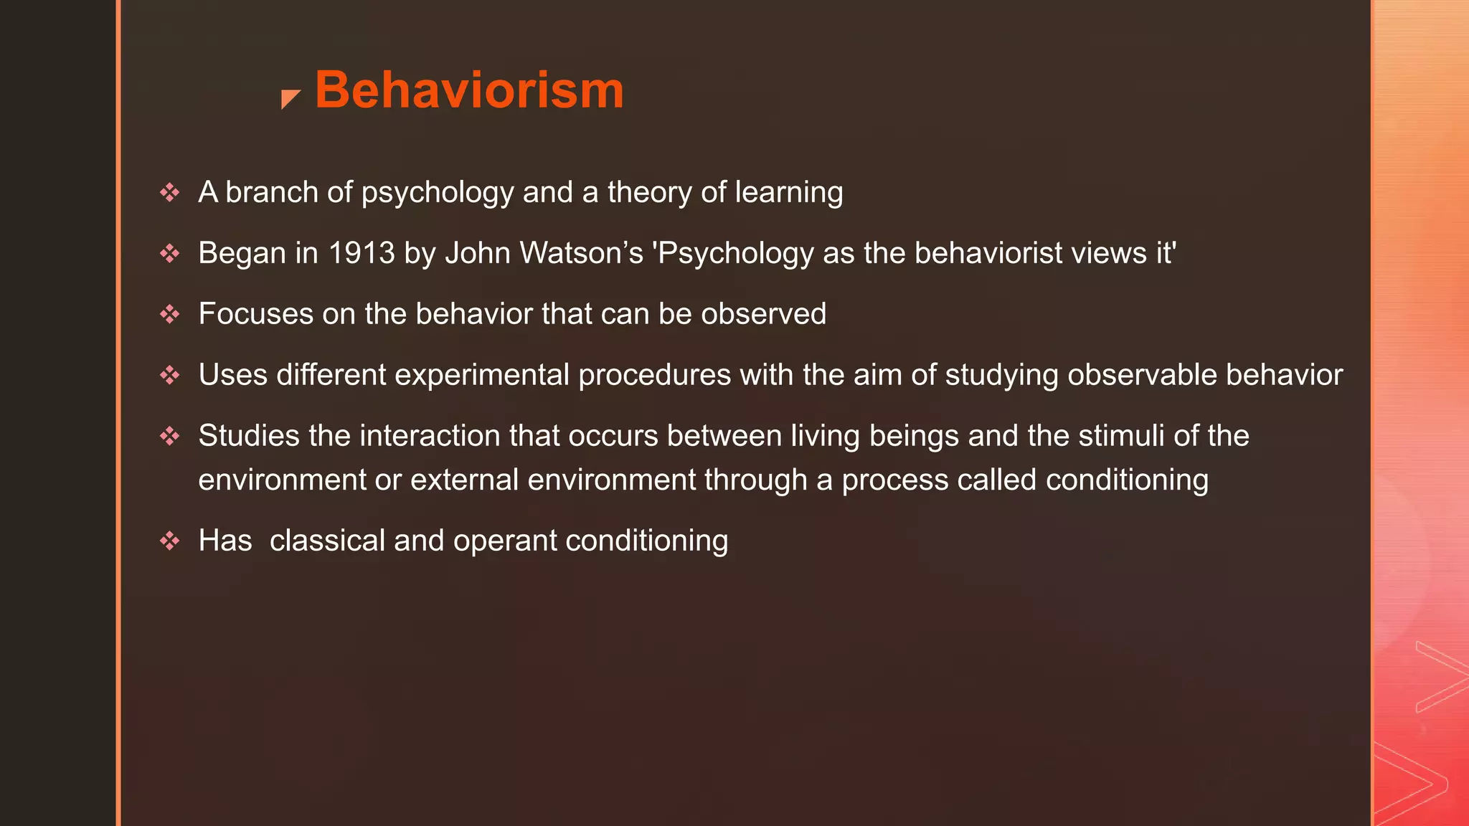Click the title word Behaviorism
(x=469, y=90)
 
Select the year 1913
(x=362, y=253)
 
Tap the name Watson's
(x=581, y=253)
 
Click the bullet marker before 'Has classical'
(x=170, y=541)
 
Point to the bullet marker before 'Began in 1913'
(x=170, y=253)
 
